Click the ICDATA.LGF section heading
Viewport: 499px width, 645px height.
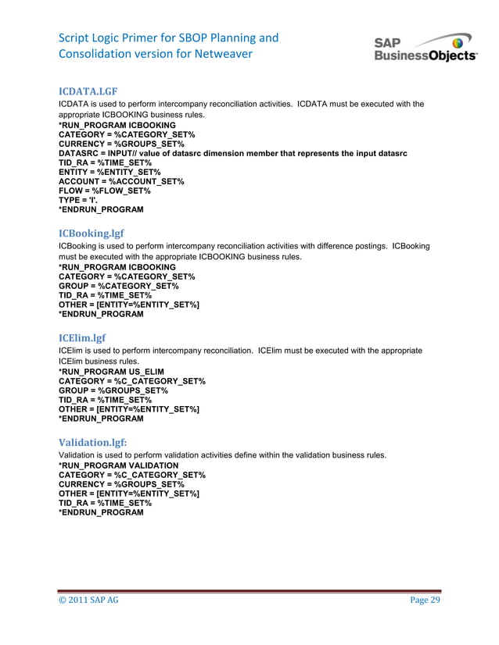click(88, 91)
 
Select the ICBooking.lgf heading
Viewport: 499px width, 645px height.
click(92, 233)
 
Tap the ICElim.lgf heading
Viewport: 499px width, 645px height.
click(81, 338)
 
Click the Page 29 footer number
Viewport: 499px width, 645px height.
click(425, 600)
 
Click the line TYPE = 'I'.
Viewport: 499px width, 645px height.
click(81, 200)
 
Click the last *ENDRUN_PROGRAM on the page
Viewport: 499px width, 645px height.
click(101, 512)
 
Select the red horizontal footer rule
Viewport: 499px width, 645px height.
click(249, 590)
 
